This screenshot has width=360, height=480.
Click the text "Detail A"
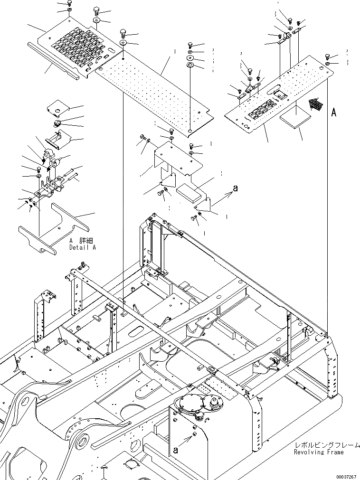pos(82,247)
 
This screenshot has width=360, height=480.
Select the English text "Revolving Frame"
pos(319,452)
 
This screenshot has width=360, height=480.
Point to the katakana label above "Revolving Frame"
pos(319,446)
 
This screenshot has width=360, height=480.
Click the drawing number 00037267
pos(345,476)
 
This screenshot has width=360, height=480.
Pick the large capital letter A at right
pos(333,113)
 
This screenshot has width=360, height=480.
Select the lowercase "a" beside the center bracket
pos(235,189)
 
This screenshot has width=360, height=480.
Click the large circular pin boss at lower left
pos(80,441)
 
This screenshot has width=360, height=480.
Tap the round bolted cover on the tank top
pos(186,403)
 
